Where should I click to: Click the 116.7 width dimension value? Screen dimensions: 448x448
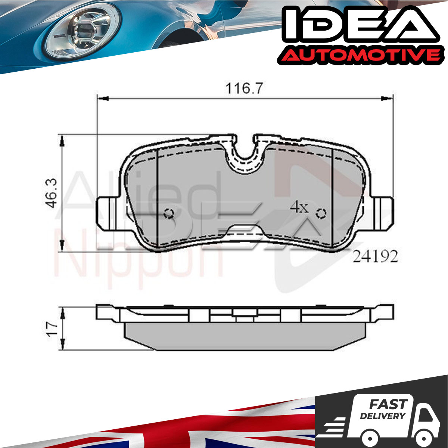coord(244,88)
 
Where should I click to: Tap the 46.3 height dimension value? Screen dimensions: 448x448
coord(51,193)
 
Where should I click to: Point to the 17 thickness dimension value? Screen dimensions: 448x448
coord(52,329)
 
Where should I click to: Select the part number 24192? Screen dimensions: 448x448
coord(375,256)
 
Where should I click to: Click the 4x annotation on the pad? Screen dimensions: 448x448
coord(299,207)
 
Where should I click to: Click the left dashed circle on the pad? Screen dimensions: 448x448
coord(169,213)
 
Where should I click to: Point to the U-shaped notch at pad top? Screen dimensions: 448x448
coord(245,153)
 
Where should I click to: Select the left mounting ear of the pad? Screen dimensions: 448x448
coord(109,213)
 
